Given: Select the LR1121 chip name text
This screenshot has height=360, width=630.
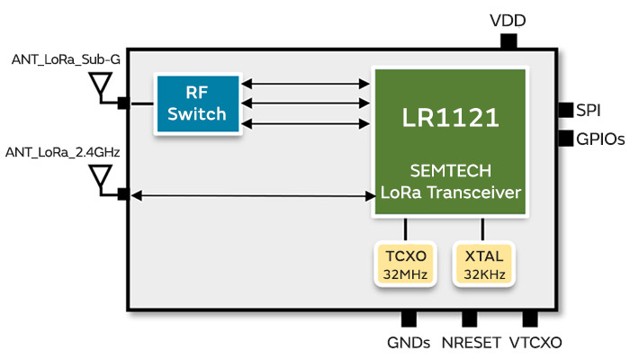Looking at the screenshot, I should coord(450,116).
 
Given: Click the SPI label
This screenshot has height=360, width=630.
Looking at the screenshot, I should coord(589,110).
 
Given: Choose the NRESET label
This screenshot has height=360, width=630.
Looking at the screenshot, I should coord(469,343).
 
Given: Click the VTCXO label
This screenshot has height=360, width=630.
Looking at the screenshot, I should coord(535,343).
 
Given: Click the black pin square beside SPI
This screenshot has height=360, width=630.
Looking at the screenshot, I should coord(565,110).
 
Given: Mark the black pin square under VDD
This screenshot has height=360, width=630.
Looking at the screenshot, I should coord(508,41).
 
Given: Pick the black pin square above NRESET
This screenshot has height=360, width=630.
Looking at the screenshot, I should coord(469,319).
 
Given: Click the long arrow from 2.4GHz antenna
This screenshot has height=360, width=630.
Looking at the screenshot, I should coord(252,194).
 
